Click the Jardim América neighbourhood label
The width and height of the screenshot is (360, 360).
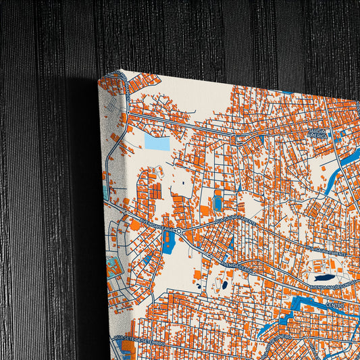coord(317,133)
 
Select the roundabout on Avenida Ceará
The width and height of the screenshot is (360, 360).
coord(180,231)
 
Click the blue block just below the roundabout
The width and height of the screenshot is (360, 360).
coord(168,242)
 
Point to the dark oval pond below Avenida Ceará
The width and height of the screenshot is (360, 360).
coord(224,285)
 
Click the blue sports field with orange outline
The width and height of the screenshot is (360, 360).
coord(217,201)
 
